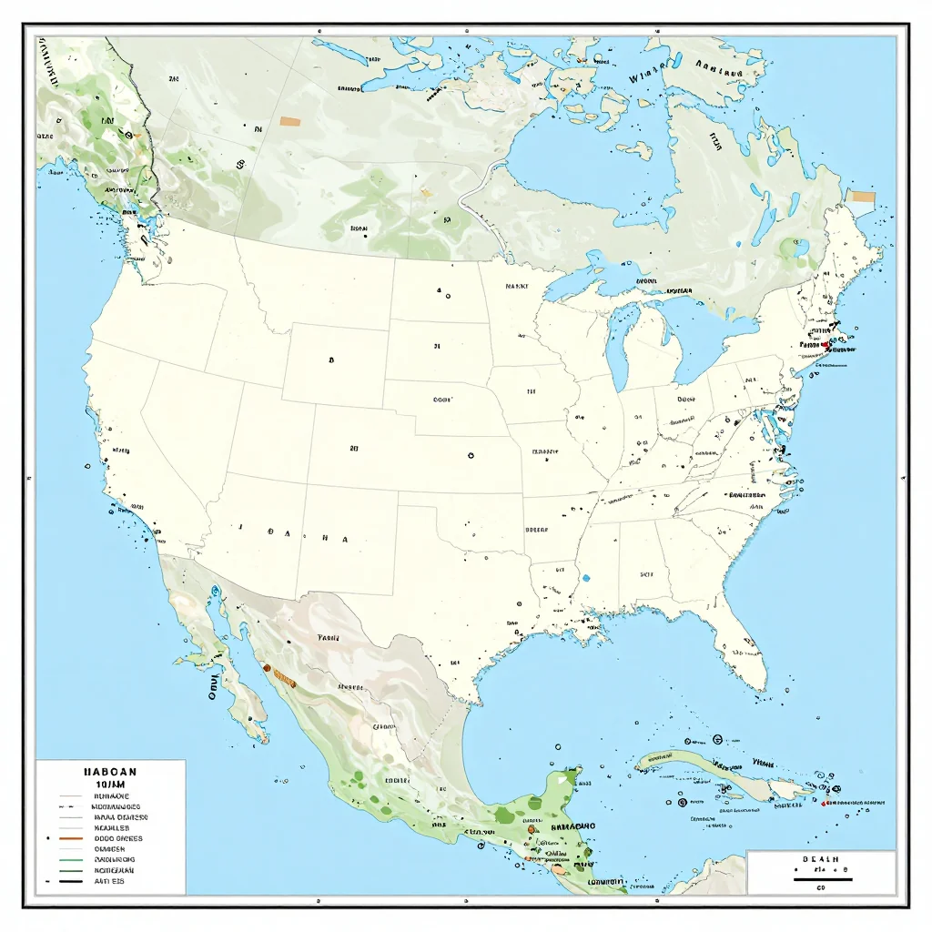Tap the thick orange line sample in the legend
(70, 838)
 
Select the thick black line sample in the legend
(70, 881)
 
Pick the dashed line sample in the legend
(70, 806)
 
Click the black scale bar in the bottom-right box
(821, 879)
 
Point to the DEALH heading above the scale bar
(820, 858)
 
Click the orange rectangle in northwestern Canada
(290, 121)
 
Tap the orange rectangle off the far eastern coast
(860, 196)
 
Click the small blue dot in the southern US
(586, 577)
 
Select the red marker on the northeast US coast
(825, 345)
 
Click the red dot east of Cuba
(824, 804)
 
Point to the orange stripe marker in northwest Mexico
(284, 679)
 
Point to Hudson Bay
(582, 173)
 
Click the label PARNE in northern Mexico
(328, 638)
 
